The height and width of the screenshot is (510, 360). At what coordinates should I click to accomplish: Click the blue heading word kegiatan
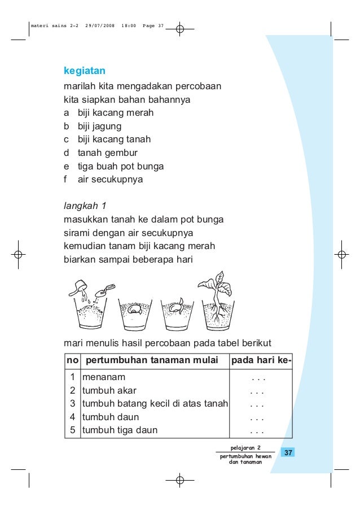coord(85,72)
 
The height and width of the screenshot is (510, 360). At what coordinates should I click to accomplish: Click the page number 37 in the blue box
coord(288,454)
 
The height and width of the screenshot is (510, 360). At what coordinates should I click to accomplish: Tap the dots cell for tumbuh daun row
coord(257,418)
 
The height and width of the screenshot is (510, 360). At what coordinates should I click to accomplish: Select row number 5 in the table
coord(72,430)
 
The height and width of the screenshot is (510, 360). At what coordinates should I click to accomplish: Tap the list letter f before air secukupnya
coord(66,180)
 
